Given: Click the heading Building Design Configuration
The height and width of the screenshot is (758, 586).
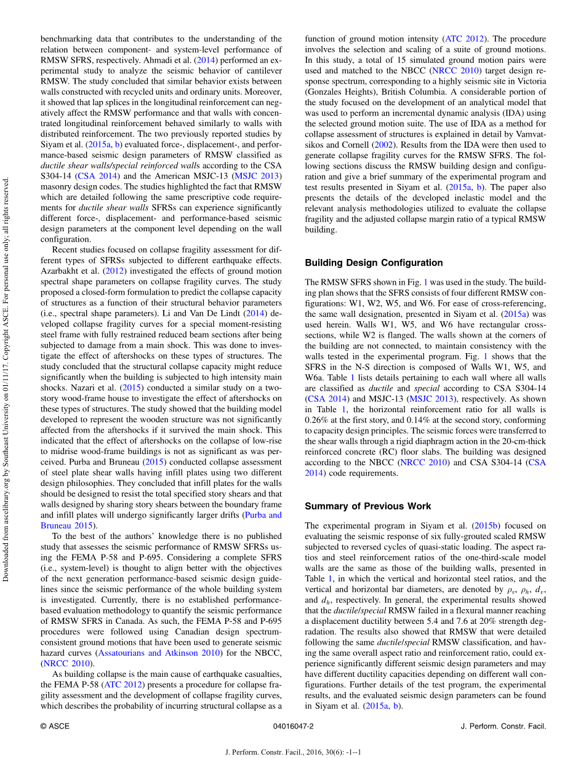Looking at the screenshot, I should [x=374, y=263].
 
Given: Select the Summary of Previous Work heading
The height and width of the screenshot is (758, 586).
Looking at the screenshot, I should [x=368, y=506].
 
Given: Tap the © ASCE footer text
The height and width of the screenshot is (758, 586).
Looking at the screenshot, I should [x=52, y=726].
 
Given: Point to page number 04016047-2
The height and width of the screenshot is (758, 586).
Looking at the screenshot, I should [x=293, y=726].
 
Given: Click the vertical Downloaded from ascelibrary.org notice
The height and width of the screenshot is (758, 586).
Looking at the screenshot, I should [x=7, y=378].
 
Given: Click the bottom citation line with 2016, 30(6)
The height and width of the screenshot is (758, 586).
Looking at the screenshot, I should [x=293, y=752].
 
